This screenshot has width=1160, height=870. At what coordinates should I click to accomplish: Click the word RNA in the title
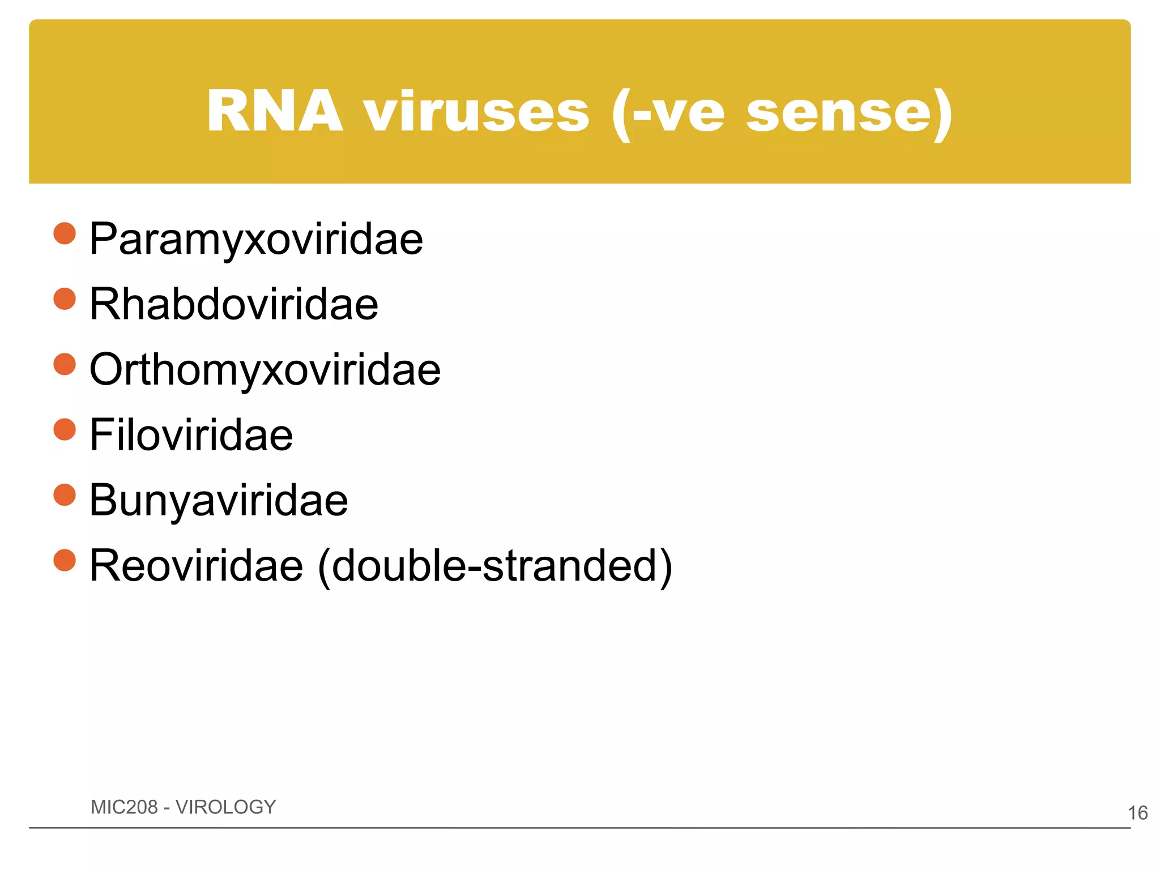275,112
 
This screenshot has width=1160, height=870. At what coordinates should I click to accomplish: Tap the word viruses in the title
476,112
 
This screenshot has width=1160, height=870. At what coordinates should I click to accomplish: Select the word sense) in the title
850,112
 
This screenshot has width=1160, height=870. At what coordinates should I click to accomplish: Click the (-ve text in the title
668,112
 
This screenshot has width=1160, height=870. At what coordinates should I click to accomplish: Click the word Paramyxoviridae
256,240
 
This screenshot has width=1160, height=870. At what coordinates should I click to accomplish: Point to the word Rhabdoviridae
234,305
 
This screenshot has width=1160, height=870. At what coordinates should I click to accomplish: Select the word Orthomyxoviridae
265,370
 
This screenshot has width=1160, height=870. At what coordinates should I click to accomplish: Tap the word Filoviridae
191,435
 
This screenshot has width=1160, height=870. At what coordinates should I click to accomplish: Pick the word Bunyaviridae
219,501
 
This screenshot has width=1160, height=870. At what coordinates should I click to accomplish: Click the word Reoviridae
197,565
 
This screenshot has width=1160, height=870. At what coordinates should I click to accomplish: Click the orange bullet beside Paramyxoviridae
65,233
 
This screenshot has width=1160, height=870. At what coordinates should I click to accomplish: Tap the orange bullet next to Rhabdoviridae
65,299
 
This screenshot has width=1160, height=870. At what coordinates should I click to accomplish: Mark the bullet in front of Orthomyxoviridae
65,364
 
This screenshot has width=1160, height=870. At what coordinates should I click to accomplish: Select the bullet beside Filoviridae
65,429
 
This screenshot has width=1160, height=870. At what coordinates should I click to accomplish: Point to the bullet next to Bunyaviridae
65,494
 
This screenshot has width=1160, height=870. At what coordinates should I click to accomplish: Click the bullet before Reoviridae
65,560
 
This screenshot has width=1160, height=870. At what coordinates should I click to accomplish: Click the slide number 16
1137,813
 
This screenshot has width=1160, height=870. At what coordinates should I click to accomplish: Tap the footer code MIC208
124,807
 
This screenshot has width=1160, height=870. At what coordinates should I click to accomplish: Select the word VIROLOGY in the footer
225,807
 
